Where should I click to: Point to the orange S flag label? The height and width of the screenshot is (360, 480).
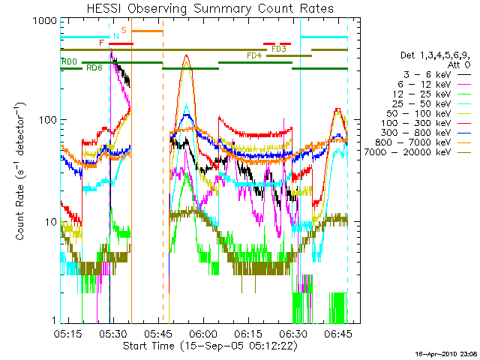point(124,30)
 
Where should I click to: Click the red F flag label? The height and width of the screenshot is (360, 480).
point(101,43)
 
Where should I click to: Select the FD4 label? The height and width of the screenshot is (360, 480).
point(254,55)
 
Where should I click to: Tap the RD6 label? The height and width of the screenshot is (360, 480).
point(94,68)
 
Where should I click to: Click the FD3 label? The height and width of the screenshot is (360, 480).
point(279,49)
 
